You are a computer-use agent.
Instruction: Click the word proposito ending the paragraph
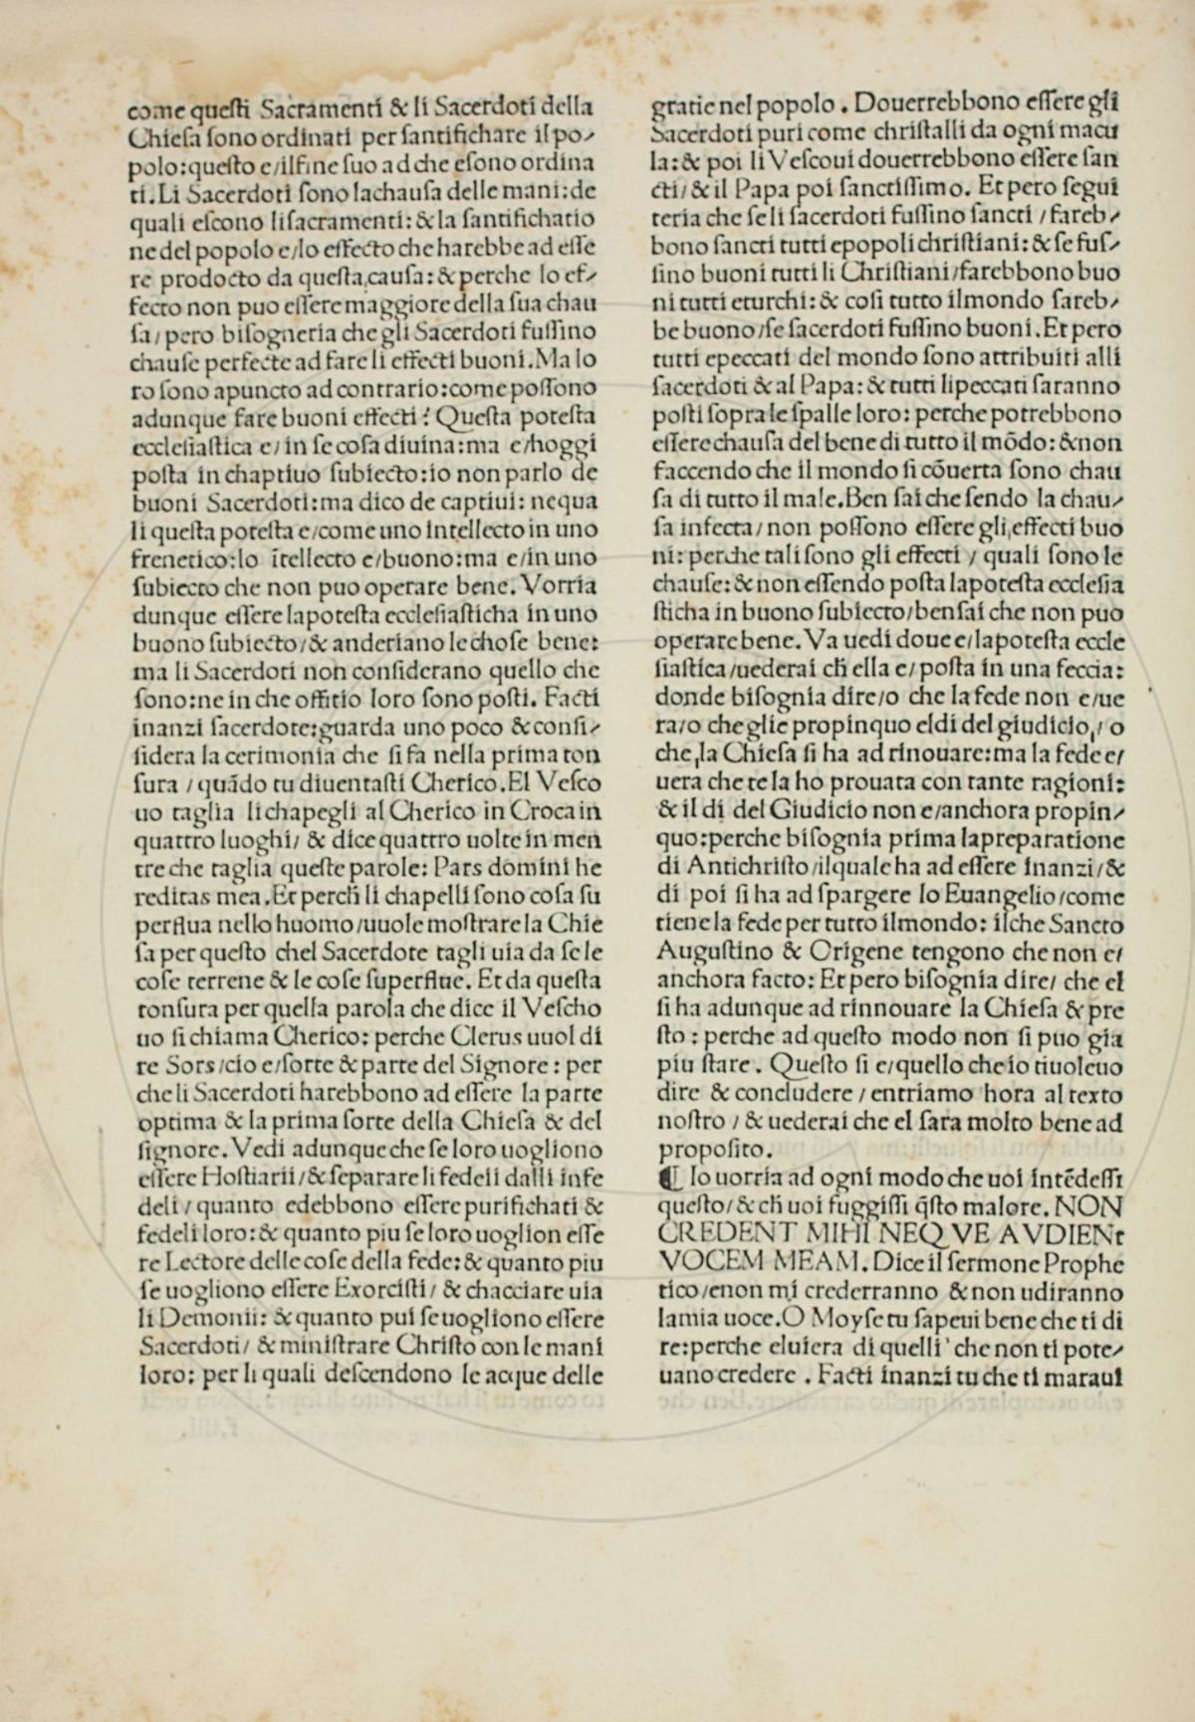[x=701, y=1151]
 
